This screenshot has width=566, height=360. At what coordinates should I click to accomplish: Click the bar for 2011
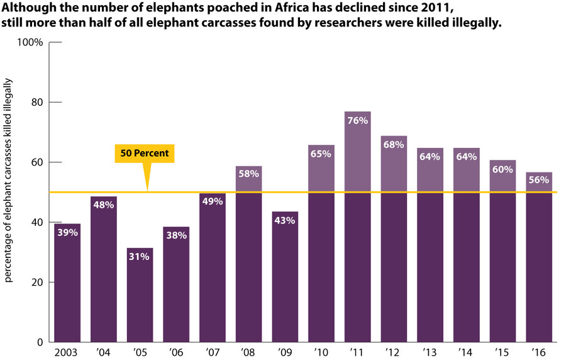[357, 227]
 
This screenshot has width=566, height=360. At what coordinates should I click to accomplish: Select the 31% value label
[140, 257]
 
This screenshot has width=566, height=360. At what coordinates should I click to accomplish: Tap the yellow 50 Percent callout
[145, 153]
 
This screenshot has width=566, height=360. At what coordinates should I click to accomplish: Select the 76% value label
[357, 121]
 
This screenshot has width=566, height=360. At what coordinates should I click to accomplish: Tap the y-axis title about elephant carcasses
[9, 189]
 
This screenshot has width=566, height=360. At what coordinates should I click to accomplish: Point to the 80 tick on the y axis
[36, 103]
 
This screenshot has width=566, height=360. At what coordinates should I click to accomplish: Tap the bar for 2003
[67, 283]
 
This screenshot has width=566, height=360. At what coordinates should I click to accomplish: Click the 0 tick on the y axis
[40, 342]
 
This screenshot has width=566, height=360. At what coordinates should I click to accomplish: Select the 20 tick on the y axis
[36, 283]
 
